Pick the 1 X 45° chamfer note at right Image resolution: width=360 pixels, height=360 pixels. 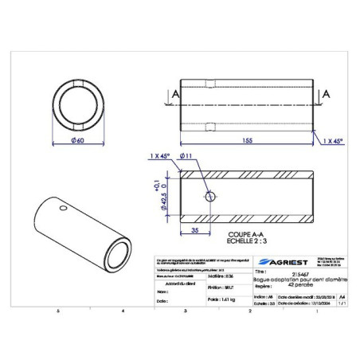(335, 140)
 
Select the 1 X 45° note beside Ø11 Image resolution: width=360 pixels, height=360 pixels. (160, 157)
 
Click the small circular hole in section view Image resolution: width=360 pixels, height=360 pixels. (209, 197)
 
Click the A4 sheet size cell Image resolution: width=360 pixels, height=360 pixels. (342, 295)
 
